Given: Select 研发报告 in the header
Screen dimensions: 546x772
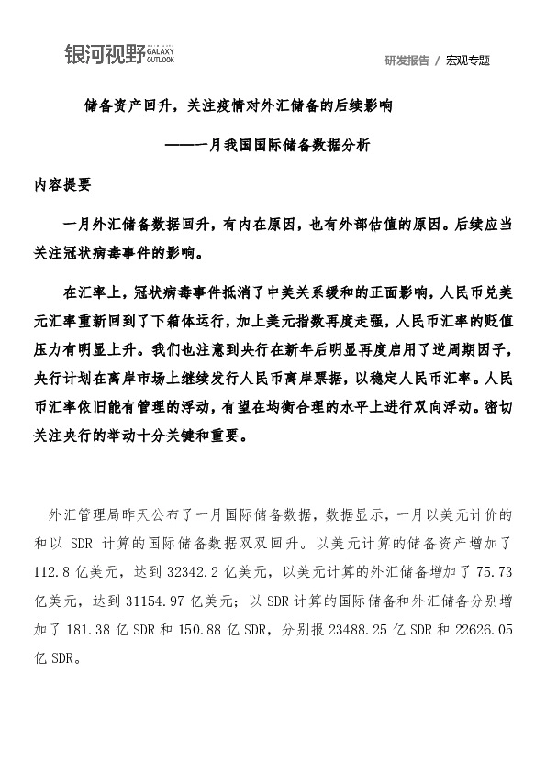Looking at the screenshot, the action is (x=407, y=61).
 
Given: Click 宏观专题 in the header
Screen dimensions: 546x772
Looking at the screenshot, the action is (x=468, y=61).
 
